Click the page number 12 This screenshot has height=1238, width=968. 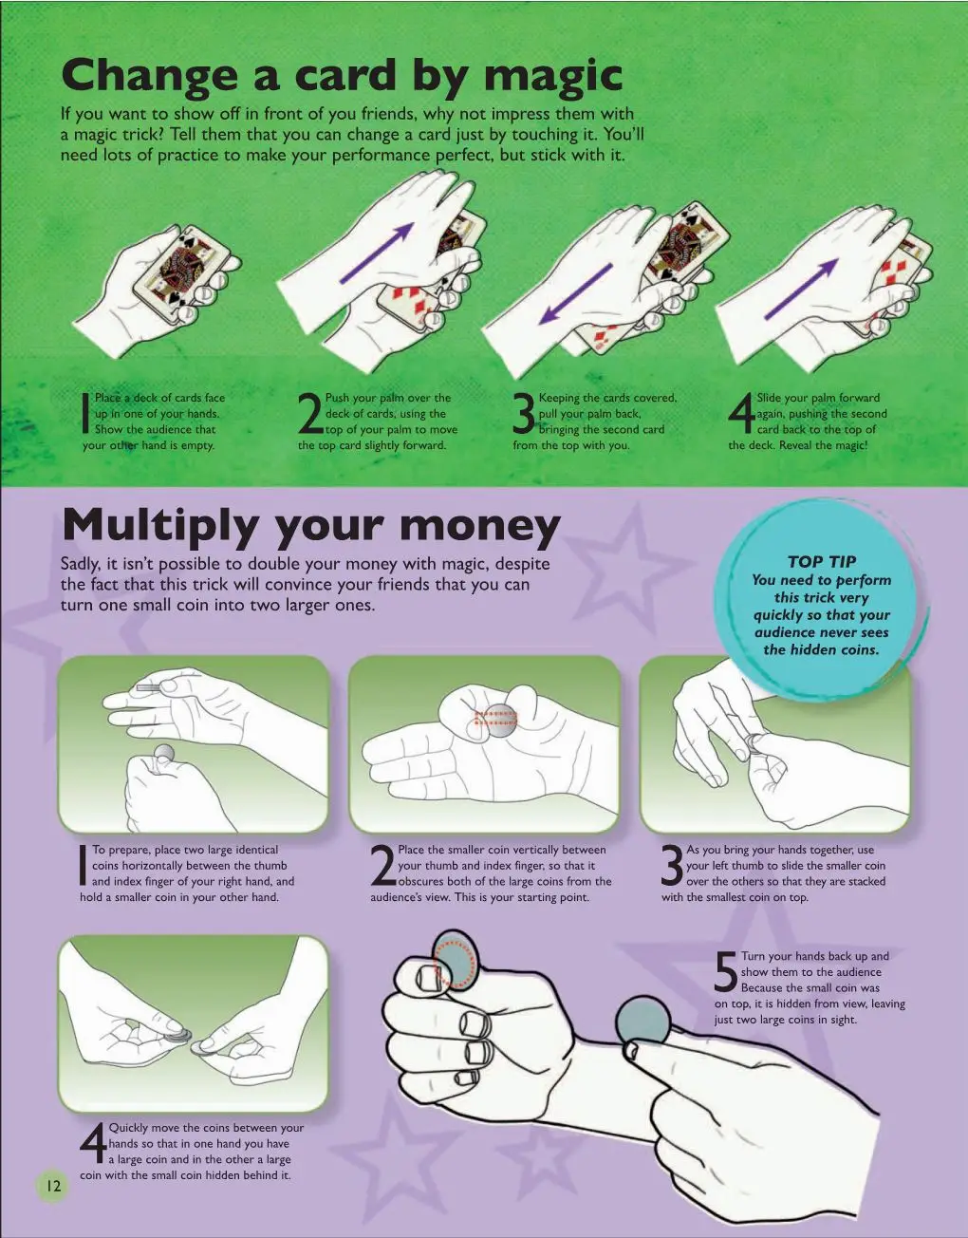53,1186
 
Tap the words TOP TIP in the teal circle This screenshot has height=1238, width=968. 822,562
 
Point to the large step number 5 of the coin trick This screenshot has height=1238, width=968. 726,973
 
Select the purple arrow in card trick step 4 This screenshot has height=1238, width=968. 801,289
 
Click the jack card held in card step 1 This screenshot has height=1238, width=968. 184,267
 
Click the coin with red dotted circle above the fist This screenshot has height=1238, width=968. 456,961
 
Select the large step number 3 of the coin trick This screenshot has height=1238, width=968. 673,866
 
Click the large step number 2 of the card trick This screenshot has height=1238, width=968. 310,414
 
